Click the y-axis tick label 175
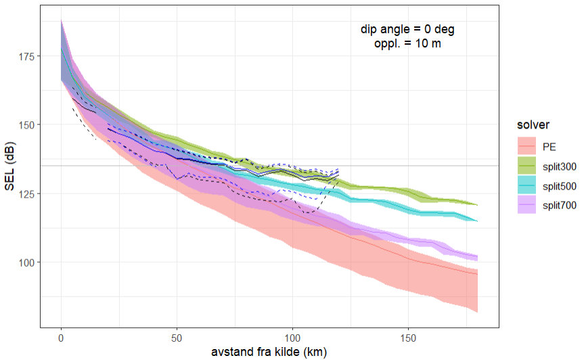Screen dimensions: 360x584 pos(28,55)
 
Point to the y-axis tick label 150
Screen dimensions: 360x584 pos(28,125)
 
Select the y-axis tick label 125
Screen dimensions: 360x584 pos(28,194)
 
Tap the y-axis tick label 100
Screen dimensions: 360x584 pos(28,262)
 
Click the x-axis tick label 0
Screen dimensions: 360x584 pos(62,336)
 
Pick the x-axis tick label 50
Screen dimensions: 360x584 pos(177,336)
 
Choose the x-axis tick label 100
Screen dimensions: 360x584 pos(293,336)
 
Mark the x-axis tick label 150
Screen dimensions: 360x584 pos(409,336)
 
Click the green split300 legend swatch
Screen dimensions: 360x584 pos(525,165)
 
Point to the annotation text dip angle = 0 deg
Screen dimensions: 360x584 pos(407,30)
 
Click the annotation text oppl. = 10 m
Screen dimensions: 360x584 pos(407,43)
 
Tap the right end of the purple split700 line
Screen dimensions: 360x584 pos(478,257)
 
